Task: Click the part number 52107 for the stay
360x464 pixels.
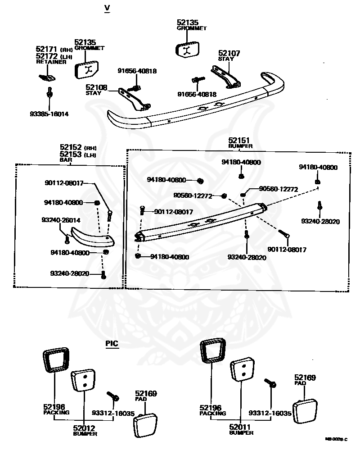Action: coord(229,53)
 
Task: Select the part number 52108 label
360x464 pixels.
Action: coord(97,87)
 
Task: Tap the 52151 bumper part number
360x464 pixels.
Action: coord(238,141)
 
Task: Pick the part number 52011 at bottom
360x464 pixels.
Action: coord(241,427)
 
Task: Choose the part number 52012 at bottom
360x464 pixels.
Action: coord(85,428)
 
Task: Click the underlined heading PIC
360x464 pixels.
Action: coord(112,343)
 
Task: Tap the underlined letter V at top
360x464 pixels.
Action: coord(107,9)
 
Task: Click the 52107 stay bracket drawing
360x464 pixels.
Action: coord(226,76)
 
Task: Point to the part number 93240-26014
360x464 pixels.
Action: coord(61,220)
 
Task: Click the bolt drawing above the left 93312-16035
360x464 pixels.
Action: coord(112,396)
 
